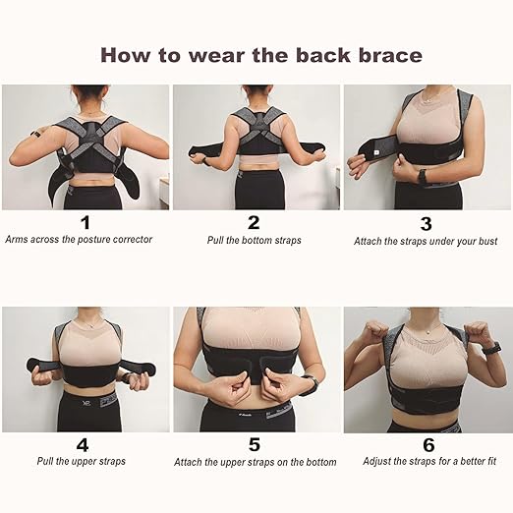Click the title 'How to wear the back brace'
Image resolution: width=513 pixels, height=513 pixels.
point(260,55)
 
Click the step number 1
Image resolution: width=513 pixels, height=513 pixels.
point(85,222)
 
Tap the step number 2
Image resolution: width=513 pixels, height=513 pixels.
point(254,222)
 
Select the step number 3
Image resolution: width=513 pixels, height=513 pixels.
point(426,223)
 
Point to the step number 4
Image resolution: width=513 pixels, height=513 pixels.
point(85,443)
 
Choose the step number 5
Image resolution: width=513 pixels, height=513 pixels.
point(255,444)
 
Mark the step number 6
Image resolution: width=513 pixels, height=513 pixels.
point(426,444)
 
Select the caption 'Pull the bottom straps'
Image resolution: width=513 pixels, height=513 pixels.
point(254,240)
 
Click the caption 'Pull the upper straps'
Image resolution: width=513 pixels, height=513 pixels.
point(85,461)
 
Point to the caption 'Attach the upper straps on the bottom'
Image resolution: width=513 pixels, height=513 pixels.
point(256,462)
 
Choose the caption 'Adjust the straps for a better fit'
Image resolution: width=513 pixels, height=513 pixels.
point(426,461)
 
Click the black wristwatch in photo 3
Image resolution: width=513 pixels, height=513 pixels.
point(422,178)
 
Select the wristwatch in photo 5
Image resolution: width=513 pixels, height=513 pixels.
point(310,384)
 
